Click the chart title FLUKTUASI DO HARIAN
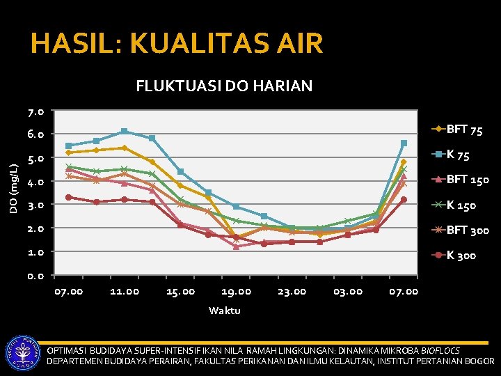[x=224, y=86]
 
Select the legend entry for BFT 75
[x=457, y=130]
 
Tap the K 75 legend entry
[x=450, y=155]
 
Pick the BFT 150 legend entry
[x=460, y=180]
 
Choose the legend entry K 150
[x=454, y=205]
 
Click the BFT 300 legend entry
[x=460, y=230]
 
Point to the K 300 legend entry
[x=454, y=255]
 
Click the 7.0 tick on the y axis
[x=35, y=111]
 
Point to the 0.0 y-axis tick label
[x=35, y=276]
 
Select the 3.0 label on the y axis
[x=35, y=205]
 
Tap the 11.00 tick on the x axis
[x=125, y=292]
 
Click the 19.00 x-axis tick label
[x=237, y=292]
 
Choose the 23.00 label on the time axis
[x=292, y=292]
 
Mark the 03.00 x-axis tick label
[x=348, y=292]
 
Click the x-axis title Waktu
[x=225, y=311]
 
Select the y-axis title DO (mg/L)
[x=14, y=189]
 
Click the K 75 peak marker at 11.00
[x=125, y=132]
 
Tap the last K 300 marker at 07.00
[x=404, y=200]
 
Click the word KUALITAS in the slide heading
[x=200, y=42]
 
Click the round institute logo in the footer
[x=23, y=353]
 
